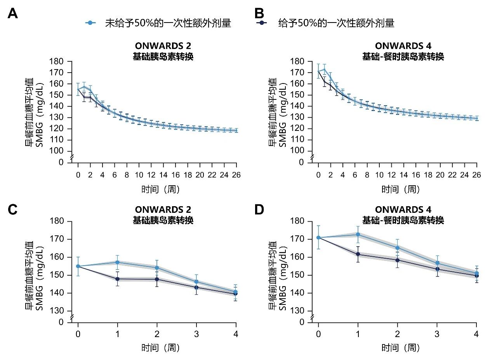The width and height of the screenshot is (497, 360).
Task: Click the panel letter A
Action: click(x=13, y=14)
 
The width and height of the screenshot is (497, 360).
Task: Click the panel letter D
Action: click(x=259, y=210)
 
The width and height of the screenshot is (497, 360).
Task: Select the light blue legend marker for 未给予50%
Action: click(x=90, y=23)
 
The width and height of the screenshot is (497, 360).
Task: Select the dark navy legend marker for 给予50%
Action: click(x=261, y=23)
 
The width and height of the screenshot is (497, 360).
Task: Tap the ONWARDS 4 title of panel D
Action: click(x=403, y=210)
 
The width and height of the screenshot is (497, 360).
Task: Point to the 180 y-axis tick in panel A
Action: click(x=57, y=61)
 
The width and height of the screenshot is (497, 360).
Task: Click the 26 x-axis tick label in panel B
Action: click(x=476, y=175)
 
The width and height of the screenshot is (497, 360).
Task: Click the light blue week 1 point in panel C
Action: click(x=117, y=262)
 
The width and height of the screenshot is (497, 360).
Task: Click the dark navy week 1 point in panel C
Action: click(x=117, y=279)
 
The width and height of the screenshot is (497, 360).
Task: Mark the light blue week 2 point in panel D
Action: click(x=397, y=248)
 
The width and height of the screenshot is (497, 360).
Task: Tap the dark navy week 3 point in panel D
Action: click(x=437, y=269)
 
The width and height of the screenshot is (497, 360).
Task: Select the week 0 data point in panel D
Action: click(x=318, y=238)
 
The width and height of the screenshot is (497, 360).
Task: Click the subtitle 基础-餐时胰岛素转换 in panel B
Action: click(x=403, y=57)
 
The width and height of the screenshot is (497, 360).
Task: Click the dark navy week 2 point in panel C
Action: click(x=157, y=279)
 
